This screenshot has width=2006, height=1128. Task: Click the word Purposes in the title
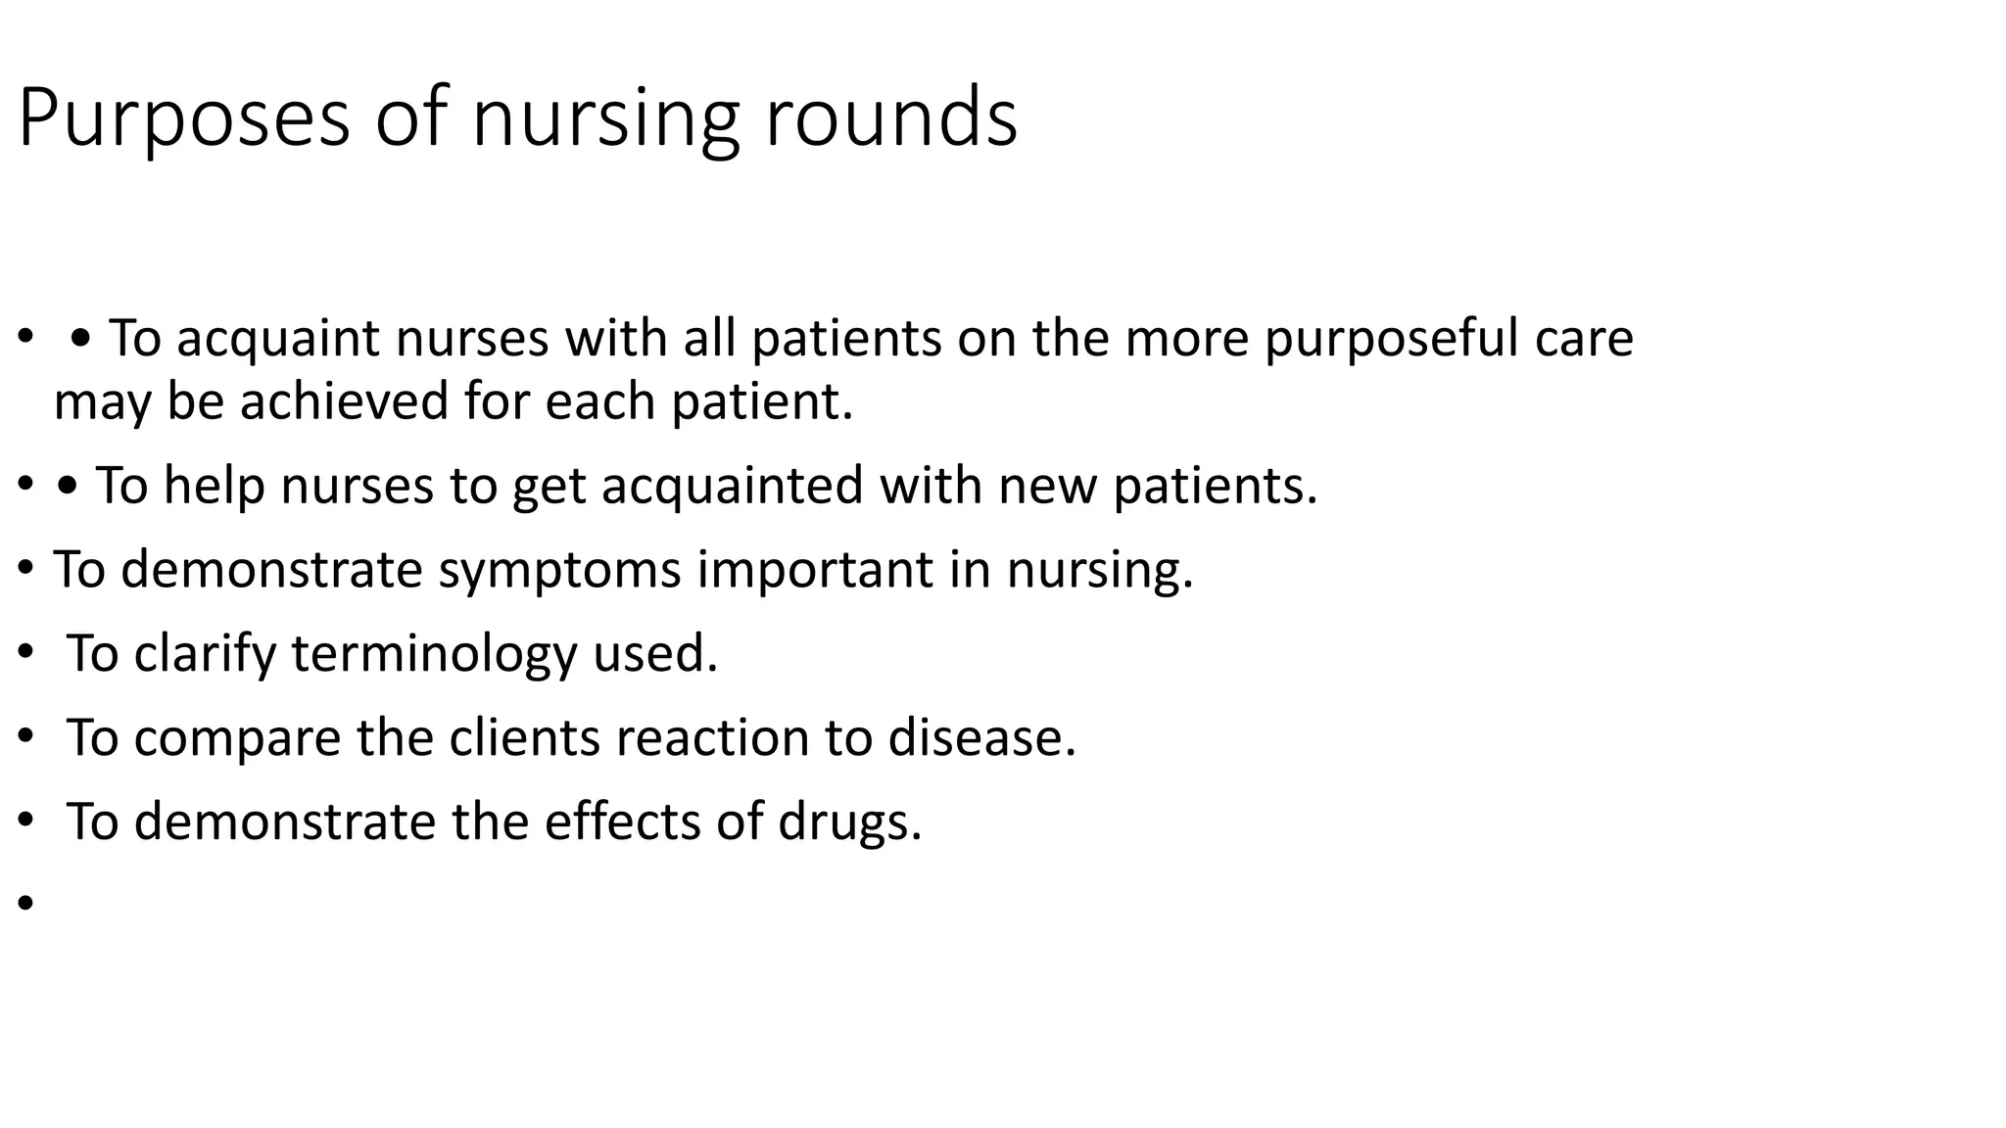pyautogui.click(x=184, y=119)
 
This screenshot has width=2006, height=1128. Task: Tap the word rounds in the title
pyautogui.click(x=890, y=117)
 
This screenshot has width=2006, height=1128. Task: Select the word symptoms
pyautogui.click(x=558, y=570)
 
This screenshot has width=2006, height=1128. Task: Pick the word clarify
pyautogui.click(x=205, y=654)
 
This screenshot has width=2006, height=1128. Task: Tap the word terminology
pyautogui.click(x=434, y=654)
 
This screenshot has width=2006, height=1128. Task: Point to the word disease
pyautogui.click(x=981, y=737)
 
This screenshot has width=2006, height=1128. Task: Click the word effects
pyautogui.click(x=621, y=822)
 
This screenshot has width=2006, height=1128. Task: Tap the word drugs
pyautogui.click(x=849, y=822)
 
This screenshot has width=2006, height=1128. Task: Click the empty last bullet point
pyautogui.click(x=25, y=903)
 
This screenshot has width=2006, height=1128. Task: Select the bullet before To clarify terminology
pyautogui.click(x=25, y=654)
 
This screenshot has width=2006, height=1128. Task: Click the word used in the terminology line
pyautogui.click(x=655, y=654)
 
